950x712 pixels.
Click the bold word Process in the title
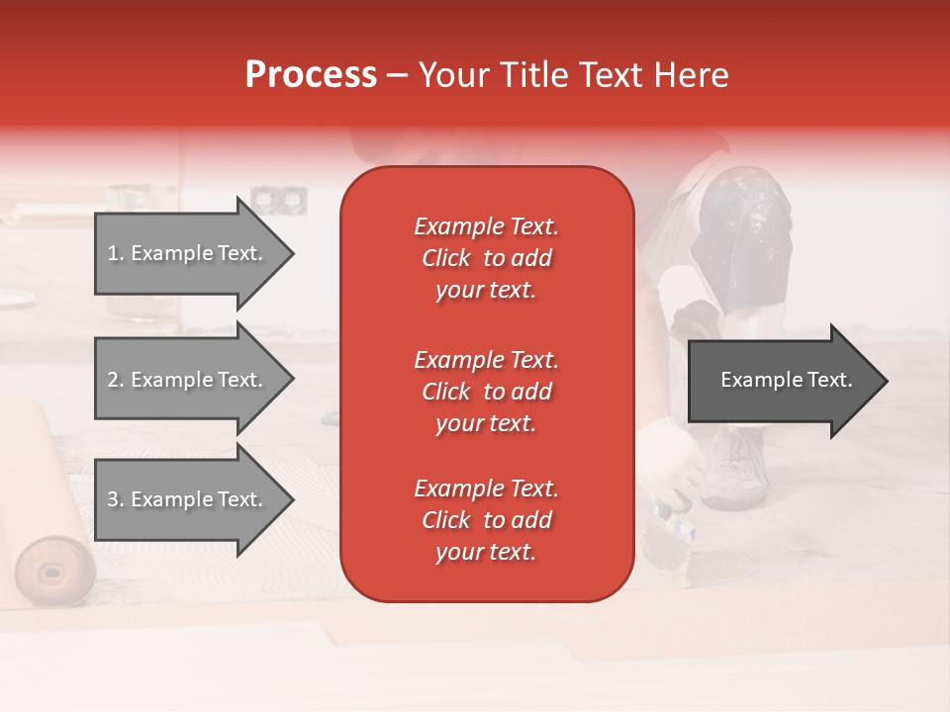coord(311,75)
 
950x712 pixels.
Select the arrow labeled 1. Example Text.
coord(188,253)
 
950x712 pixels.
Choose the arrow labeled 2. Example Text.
coord(188,380)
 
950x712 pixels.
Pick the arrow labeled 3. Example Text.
coord(188,499)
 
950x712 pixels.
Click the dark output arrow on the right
coord(782,380)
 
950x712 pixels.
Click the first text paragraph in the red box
coord(486,258)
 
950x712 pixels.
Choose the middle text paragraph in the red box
coord(486,392)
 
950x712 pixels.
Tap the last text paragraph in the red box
coord(486,520)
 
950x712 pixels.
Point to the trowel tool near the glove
coord(665,534)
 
